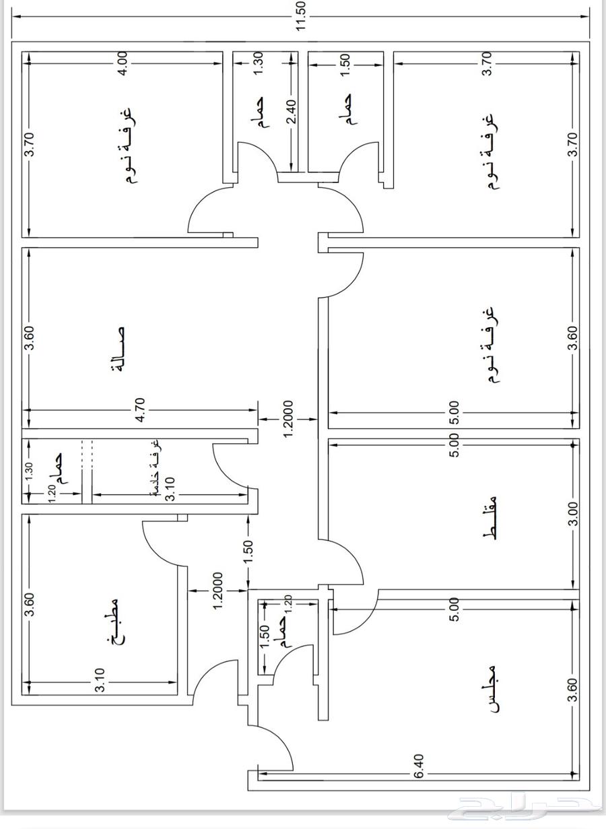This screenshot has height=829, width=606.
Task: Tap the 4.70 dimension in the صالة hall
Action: [x=141, y=409]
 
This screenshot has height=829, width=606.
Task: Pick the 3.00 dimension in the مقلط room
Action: [x=572, y=513]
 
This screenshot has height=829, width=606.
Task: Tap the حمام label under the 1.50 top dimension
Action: [x=346, y=109]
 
